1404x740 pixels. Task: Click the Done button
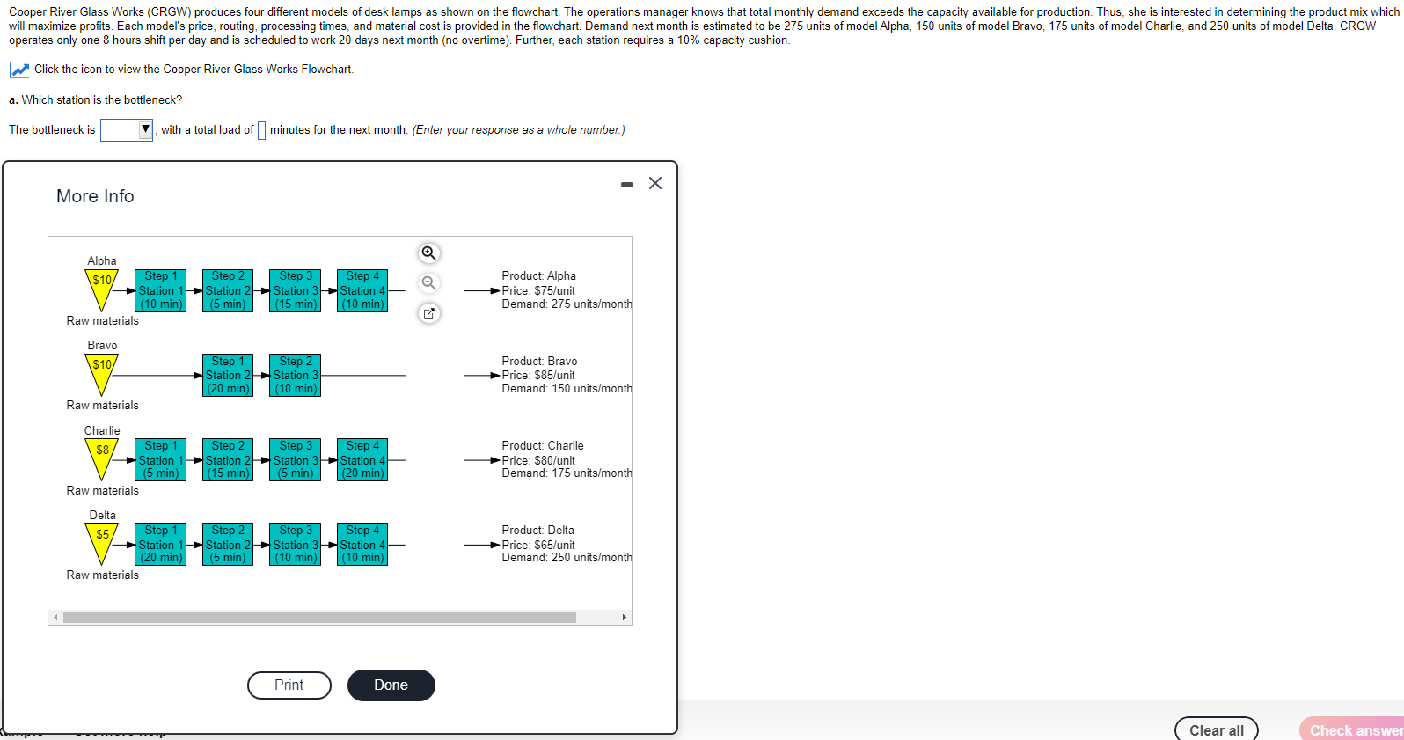391,685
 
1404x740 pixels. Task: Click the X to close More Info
655,183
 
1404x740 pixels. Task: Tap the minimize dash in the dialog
626,185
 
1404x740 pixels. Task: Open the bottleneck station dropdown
127,130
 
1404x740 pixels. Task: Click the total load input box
261,130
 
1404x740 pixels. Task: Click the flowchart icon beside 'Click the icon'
18,70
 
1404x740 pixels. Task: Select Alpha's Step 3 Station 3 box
296,290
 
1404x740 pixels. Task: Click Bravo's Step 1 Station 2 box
228,375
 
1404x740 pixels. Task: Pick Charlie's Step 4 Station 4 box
362,459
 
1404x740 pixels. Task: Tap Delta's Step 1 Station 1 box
160,545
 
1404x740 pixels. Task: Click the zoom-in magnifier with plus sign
428,253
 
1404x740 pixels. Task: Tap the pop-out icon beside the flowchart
428,313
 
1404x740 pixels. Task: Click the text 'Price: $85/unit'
538,375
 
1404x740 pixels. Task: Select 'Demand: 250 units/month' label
567,558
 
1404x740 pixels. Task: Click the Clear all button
1217,730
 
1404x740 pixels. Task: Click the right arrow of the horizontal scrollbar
625,618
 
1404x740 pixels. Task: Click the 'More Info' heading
95,196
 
